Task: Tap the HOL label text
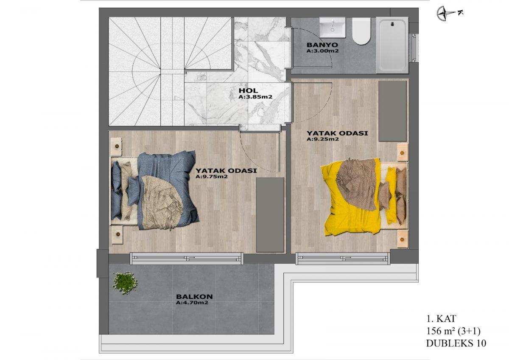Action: [248, 90]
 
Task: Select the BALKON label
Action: [194, 297]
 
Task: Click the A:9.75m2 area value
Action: [212, 177]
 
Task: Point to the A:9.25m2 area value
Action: [323, 139]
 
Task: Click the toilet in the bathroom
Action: [361, 31]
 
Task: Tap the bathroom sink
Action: [333, 28]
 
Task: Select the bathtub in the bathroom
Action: [392, 45]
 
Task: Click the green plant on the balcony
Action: [125, 283]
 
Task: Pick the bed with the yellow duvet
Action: [364, 197]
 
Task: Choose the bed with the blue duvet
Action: [154, 191]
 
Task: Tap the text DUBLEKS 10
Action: [456, 343]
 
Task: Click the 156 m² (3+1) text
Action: [453, 331]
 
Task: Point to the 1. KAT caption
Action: [441, 319]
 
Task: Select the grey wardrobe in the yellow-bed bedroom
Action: [392, 111]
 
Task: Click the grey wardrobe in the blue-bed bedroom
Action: [270, 215]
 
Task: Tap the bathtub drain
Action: [392, 24]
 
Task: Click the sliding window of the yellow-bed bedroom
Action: [343, 259]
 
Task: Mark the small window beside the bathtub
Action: [414, 48]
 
